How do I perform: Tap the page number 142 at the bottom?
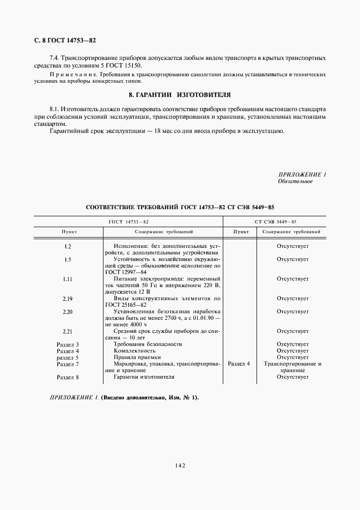coord(180,465)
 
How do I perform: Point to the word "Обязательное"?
coord(295,181)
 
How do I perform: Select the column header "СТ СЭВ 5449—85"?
coord(275,222)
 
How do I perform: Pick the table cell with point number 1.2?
coord(68,246)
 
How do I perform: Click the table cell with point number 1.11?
coord(68,279)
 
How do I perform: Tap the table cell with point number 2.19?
coord(68,299)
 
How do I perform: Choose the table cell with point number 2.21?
coord(68,331)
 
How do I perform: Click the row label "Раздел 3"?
coord(68,344)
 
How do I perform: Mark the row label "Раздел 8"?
coord(68,377)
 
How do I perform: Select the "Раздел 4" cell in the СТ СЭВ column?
coord(239,364)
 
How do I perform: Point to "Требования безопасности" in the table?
coord(148,344)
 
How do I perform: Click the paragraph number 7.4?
coord(54,58)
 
